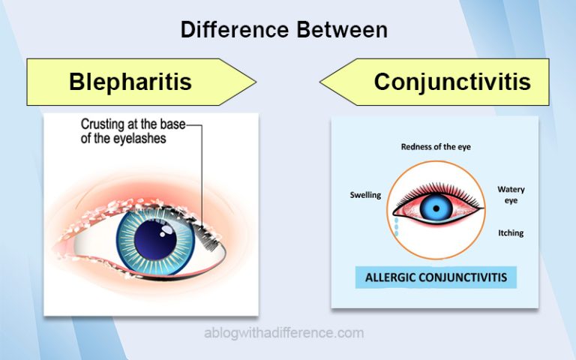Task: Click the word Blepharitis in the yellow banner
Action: click(130, 82)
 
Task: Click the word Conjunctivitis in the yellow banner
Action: click(452, 82)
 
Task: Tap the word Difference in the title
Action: click(235, 29)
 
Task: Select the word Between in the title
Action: click(342, 29)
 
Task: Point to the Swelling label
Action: click(365, 195)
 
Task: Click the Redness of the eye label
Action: click(436, 147)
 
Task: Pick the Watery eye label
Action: click(511, 195)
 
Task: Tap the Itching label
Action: click(511, 233)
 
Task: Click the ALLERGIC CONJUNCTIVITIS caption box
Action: click(436, 277)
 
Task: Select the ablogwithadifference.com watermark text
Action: click(284, 333)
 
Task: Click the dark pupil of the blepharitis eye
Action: click(155, 239)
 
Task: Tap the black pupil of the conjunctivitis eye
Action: click(436, 208)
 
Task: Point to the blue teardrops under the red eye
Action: click(396, 226)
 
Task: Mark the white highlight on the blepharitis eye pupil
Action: click(167, 229)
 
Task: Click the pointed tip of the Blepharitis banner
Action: click(256, 82)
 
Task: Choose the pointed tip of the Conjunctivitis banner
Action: click(320, 82)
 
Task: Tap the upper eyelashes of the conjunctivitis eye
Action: click(438, 191)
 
